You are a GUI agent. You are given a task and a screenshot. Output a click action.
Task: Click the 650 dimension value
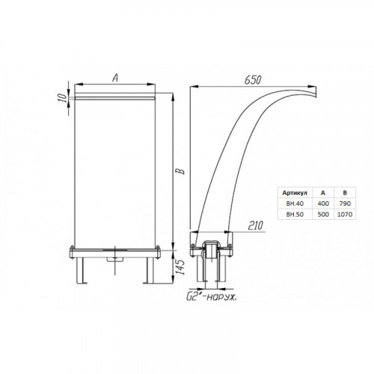coord(253,80)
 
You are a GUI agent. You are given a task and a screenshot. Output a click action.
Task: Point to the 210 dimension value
coord(255,225)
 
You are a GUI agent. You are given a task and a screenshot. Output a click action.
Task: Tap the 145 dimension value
coord(181,267)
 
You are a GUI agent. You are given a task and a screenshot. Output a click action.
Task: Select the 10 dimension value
coord(64,98)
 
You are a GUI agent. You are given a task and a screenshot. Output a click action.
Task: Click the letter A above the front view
coord(115,78)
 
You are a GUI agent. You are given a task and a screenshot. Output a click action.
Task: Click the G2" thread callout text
coord(212,297)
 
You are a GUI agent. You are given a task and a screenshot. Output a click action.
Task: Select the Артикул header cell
coord(295,193)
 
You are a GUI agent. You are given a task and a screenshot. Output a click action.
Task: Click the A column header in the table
coord(323,193)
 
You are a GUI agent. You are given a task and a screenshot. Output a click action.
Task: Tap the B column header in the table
coord(345,193)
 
